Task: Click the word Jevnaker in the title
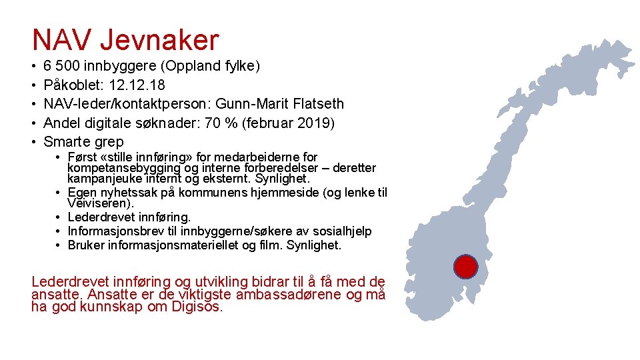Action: tap(159, 41)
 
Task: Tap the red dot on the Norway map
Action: tap(465, 267)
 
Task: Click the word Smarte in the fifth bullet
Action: tap(67, 141)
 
